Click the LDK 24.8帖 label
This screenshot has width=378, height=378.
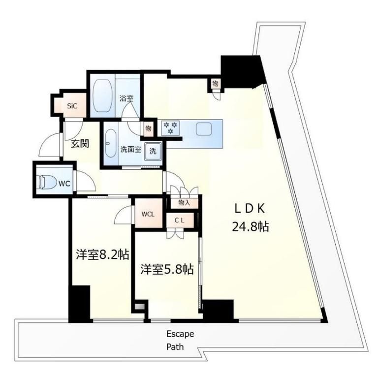[x=250, y=218]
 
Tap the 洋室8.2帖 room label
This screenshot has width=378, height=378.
[x=103, y=254]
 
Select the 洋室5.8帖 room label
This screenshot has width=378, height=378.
[x=167, y=269]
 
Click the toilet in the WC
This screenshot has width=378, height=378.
[x=48, y=182]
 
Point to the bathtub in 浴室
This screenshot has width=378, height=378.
[x=103, y=95]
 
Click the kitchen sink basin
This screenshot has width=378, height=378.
[x=204, y=129]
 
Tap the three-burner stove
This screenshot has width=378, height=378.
[x=170, y=127]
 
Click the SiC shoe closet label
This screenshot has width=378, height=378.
[x=72, y=106]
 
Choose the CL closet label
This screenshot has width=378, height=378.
[x=179, y=220]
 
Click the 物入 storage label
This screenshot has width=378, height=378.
[x=184, y=203]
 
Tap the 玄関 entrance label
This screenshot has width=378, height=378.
[x=80, y=144]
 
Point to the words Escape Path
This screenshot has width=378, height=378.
[x=180, y=341]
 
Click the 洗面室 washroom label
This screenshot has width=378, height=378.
[x=130, y=150]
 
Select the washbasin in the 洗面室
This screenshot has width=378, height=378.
[x=111, y=144]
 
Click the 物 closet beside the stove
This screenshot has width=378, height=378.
[x=149, y=128]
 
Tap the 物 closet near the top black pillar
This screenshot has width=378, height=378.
[x=215, y=84]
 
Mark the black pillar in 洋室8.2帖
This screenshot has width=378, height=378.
[x=80, y=304]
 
